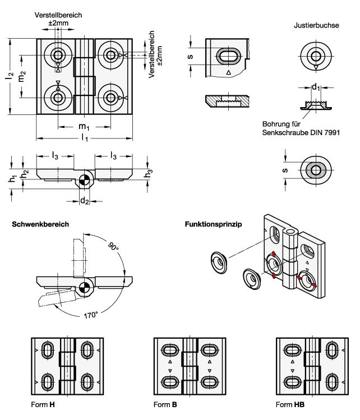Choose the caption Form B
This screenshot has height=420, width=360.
tap(165, 404)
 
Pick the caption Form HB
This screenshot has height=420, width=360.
tap(290, 404)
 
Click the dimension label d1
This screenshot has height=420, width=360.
tap(317, 87)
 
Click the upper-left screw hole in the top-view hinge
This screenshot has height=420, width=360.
tap(58, 55)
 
